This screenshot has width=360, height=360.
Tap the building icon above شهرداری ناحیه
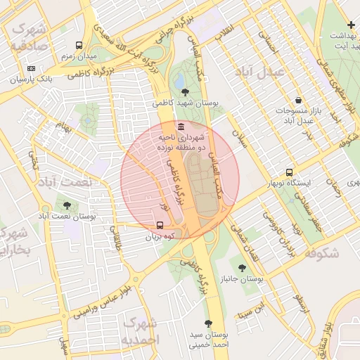point(182,127)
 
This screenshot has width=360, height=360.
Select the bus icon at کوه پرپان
point(161,226)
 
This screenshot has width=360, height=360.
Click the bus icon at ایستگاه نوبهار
point(289,172)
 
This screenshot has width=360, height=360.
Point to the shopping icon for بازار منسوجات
point(299,101)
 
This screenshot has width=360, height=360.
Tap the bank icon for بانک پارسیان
point(30,68)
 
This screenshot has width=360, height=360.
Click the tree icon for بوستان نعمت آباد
point(67,205)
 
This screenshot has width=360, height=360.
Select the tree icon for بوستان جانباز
point(243,268)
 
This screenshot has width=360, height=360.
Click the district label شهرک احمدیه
point(140,330)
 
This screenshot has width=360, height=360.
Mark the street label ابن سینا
point(252,309)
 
